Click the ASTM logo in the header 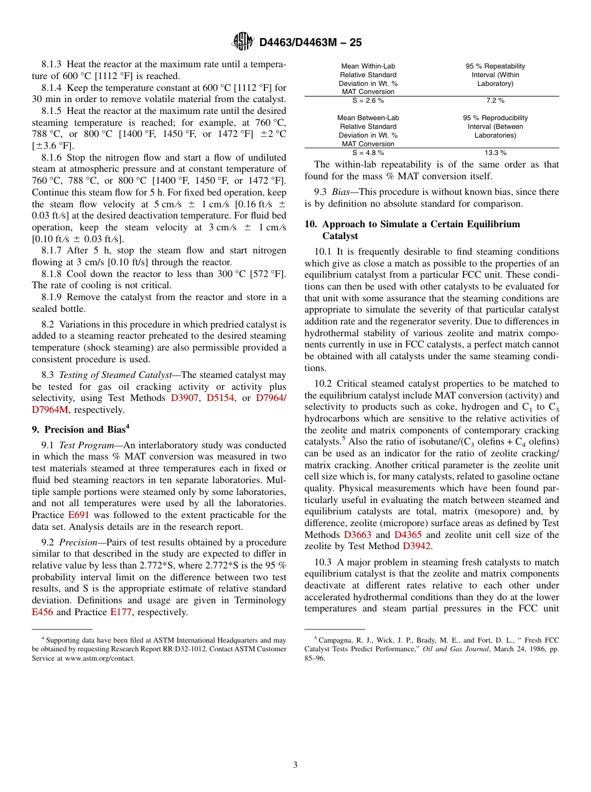(x=243, y=42)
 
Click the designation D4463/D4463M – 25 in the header (x=310, y=42)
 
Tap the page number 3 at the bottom (x=295, y=765)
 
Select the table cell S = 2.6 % (x=368, y=100)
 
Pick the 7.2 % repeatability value (x=495, y=100)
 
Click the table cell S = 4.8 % (x=368, y=153)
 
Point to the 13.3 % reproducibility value (x=495, y=153)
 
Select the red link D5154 (x=221, y=398)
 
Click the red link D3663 (x=358, y=535)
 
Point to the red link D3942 (x=417, y=546)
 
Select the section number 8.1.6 (x=53, y=158)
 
